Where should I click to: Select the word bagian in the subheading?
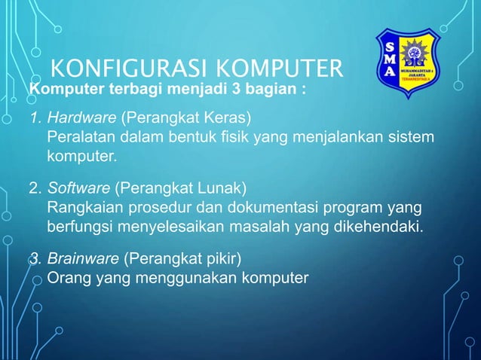pos(272,91)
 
